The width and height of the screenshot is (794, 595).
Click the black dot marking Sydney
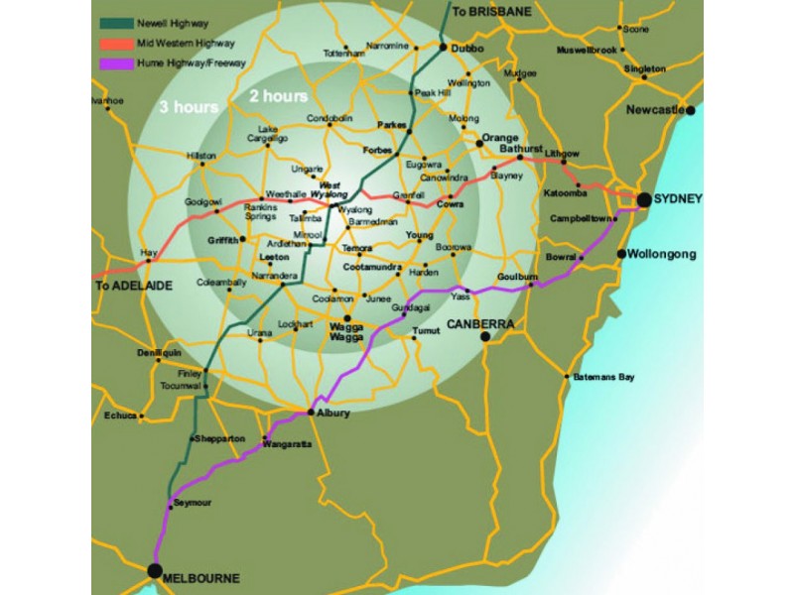(644, 199)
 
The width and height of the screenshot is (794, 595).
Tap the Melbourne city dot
(154, 570)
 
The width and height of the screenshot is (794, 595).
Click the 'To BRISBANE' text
(492, 11)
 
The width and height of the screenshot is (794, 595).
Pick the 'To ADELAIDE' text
(134, 285)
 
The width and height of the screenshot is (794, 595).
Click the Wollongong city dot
(621, 254)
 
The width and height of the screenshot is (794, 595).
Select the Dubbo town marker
(444, 46)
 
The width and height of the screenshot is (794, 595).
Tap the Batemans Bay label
(601, 377)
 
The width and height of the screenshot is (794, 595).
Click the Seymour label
(193, 504)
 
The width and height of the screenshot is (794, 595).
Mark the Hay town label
(150, 253)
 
